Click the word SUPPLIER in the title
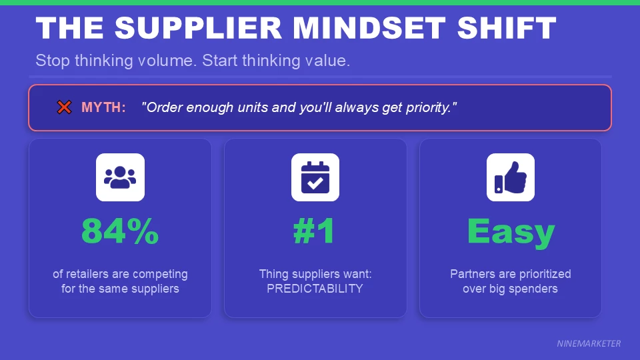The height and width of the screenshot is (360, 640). pos(198,28)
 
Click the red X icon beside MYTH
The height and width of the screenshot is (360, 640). pos(64,107)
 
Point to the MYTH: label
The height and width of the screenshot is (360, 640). pos(103,107)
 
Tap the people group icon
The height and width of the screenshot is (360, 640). pos(120,177)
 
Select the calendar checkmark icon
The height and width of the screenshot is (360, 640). pos(315,177)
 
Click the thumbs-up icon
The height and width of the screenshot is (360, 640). pos(510,177)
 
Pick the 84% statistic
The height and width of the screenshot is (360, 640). pos(120,231)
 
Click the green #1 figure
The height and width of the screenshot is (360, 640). pos(315,231)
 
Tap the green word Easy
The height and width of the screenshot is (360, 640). pos(510,231)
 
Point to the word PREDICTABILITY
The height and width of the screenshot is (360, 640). pos(315,289)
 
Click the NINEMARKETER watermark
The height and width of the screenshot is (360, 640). pos(589,344)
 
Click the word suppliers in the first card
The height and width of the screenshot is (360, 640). pos(157,289)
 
